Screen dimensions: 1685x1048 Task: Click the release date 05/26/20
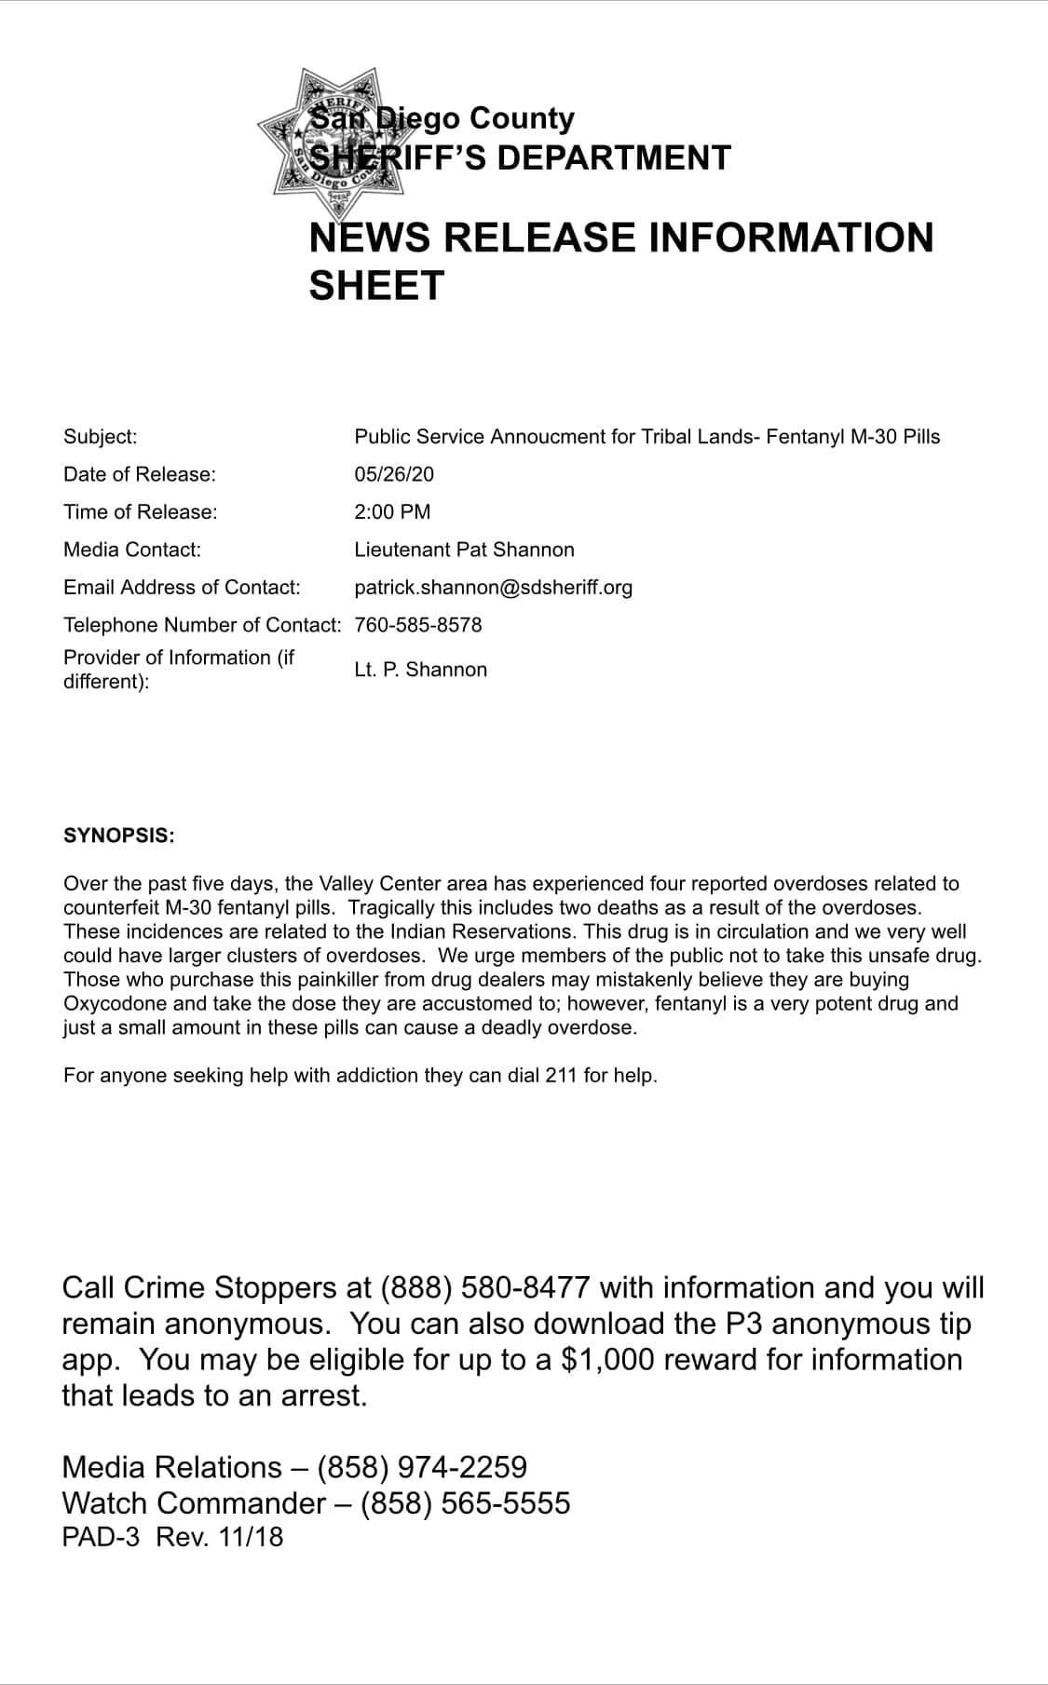[394, 474]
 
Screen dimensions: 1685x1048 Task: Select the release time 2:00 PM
[392, 511]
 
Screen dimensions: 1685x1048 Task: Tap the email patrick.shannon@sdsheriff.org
[493, 587]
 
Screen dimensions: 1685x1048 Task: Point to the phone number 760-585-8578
[418, 624]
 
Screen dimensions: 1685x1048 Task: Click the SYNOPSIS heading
[119, 835]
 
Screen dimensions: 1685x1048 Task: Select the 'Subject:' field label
[100, 436]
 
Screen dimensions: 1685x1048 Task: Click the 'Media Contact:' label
[131, 550]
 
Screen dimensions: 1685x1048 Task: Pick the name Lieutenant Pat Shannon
[464, 550]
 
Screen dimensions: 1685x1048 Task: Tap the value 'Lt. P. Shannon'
[420, 670]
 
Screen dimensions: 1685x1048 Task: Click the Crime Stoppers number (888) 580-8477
[484, 1287]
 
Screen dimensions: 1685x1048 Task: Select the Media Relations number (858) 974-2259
[422, 1467]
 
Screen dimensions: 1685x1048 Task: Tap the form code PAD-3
[101, 1536]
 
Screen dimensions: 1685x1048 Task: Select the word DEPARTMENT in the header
[614, 157]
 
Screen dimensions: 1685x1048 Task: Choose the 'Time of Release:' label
[140, 511]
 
